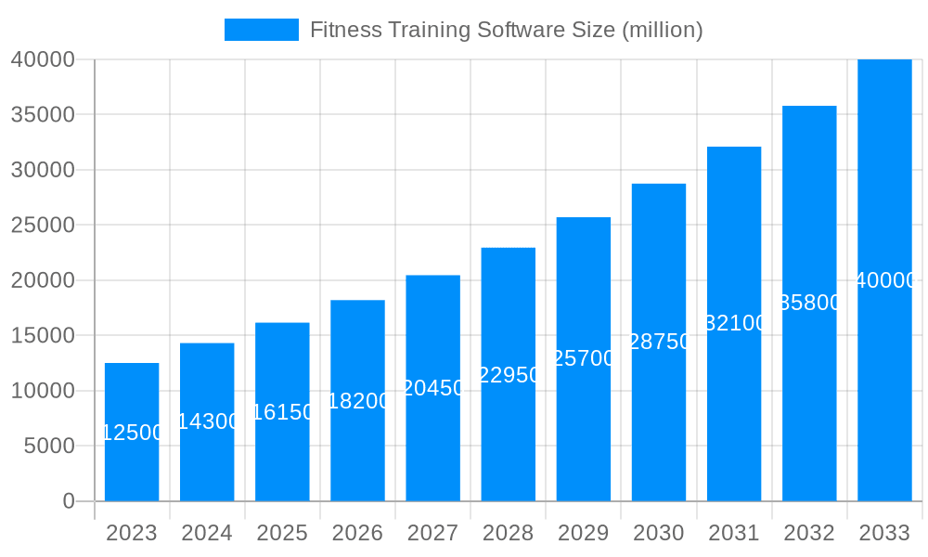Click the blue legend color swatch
click(x=262, y=30)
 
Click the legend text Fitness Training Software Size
click(x=506, y=30)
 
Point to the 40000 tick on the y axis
click(x=42, y=59)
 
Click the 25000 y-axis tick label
click(x=42, y=225)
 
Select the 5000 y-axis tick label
click(x=48, y=446)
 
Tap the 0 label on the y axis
click(x=68, y=501)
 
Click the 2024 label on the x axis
click(x=207, y=533)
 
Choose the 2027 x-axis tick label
click(x=432, y=533)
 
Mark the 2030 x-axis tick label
click(x=658, y=533)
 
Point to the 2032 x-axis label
click(x=809, y=533)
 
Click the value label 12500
click(x=132, y=433)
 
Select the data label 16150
click(x=282, y=412)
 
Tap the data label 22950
click(x=509, y=375)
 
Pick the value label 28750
click(x=659, y=342)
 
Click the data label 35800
click(x=809, y=303)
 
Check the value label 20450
click(x=432, y=388)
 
